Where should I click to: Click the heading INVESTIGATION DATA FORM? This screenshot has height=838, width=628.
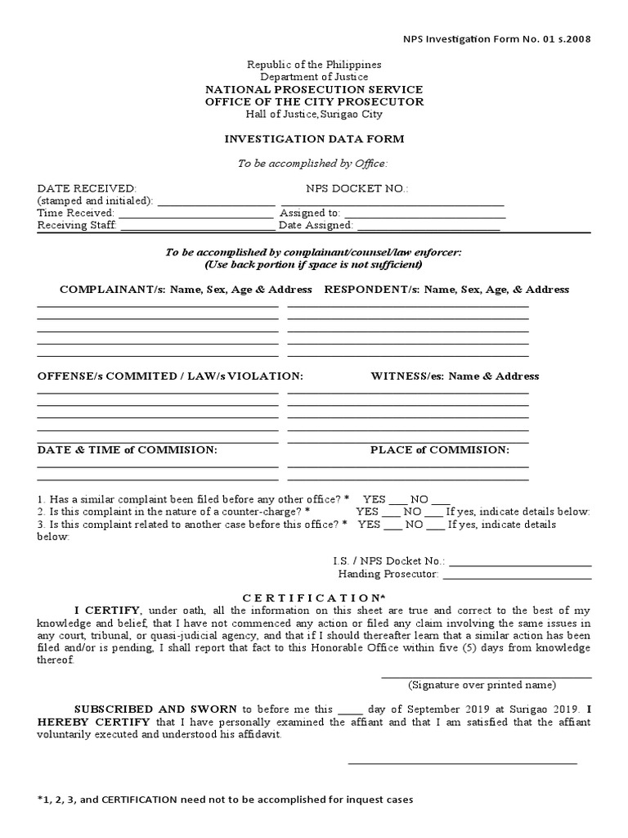click(x=314, y=139)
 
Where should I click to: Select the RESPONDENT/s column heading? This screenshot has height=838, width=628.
click(x=446, y=290)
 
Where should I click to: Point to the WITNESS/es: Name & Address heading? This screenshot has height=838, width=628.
click(x=455, y=376)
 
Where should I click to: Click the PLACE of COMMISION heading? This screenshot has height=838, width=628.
click(x=439, y=450)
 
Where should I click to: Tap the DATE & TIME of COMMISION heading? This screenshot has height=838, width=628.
click(x=127, y=450)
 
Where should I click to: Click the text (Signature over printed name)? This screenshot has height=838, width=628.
click(x=482, y=684)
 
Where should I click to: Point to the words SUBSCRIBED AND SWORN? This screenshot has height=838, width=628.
click(x=155, y=709)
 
